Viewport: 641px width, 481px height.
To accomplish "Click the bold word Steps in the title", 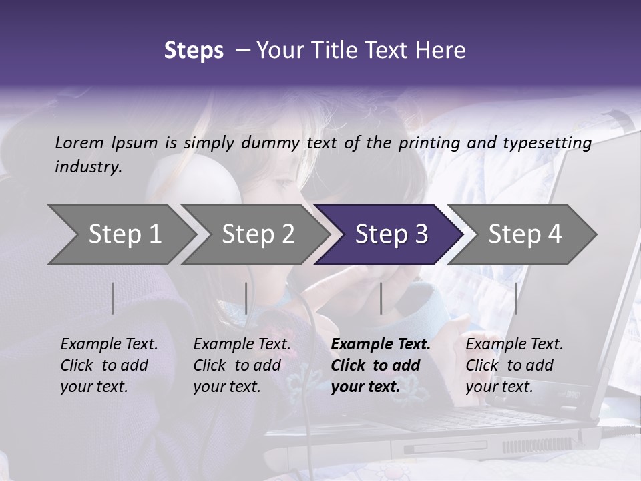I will coord(194,51).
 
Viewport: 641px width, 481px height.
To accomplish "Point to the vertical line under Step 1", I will coord(113,298).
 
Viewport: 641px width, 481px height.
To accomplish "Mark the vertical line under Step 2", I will coord(246,298).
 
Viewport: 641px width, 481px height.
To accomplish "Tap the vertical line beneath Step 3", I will coord(381,298).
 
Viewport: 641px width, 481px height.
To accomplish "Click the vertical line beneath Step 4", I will coord(515,298).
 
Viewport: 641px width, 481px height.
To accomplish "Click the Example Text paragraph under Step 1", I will coord(109,365).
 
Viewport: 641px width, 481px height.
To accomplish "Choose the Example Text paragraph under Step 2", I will coord(242,365).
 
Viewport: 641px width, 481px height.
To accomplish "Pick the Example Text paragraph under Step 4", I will coord(514,365).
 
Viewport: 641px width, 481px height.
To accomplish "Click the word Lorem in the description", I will coord(79,143).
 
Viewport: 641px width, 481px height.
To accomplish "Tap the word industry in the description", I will coord(87,167).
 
